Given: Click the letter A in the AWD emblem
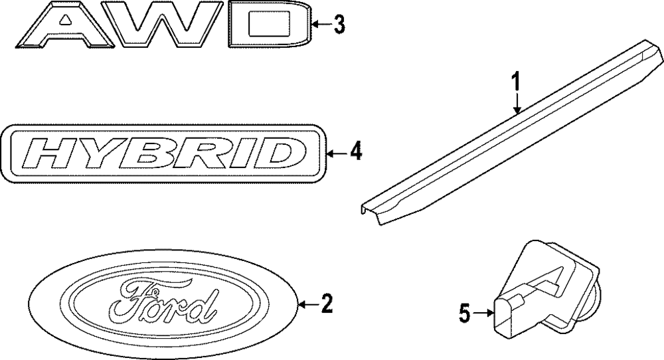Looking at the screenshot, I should coord(64,27).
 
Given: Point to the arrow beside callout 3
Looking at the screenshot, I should coord(321,25).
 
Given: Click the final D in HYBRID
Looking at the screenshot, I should coord(269,154).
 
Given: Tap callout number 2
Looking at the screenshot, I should coord(325,304).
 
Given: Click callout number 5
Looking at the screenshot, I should coord(465,312).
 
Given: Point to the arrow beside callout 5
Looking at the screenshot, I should coord(481,312).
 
